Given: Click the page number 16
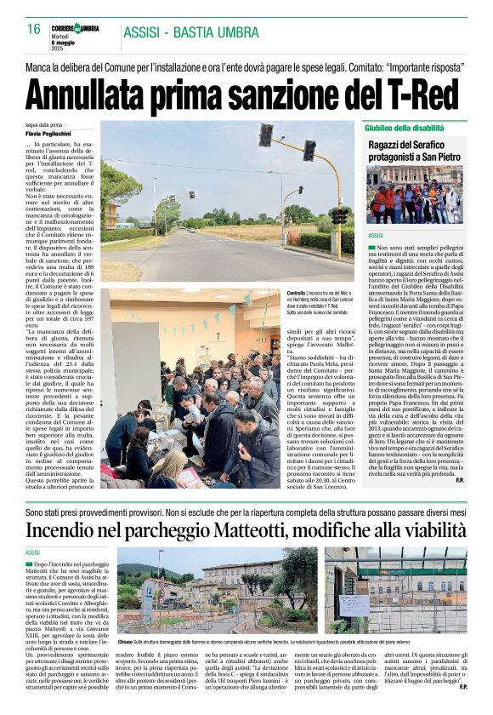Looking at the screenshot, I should [34, 29].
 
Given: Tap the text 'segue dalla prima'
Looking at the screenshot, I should [45, 124].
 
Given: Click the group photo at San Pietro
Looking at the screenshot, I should [413, 195].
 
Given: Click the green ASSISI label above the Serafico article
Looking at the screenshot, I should [377, 235].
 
